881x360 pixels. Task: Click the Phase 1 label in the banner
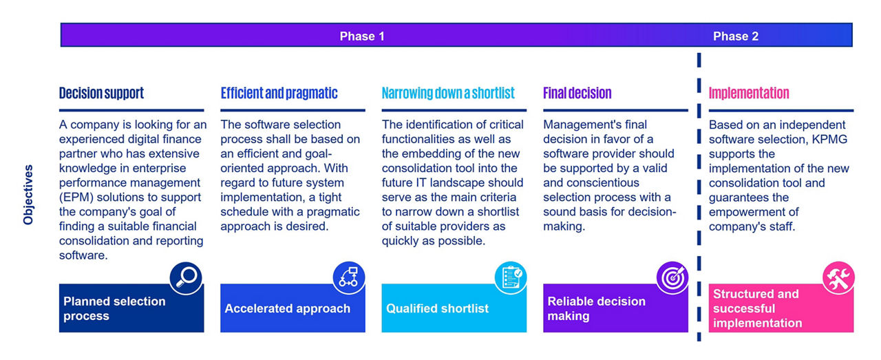pyautogui.click(x=362, y=36)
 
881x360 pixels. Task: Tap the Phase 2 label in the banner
pyautogui.click(x=736, y=36)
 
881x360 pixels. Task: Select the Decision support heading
pyautogui.click(x=101, y=93)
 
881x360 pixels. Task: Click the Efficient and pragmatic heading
pyautogui.click(x=279, y=93)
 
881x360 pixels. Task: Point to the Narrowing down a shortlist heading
pyautogui.click(x=448, y=93)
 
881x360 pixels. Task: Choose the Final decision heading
pyautogui.click(x=577, y=93)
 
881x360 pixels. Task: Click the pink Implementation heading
pyautogui.click(x=749, y=93)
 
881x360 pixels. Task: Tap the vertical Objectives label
pyautogui.click(x=28, y=195)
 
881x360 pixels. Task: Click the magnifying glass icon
pyautogui.click(x=186, y=278)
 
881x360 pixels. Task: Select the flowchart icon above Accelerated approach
pyautogui.click(x=349, y=277)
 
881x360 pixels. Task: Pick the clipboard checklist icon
pyautogui.click(x=511, y=277)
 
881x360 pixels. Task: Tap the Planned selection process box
pyautogui.click(x=131, y=308)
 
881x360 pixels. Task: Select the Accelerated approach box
pyautogui.click(x=293, y=308)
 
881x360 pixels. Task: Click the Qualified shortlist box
pyautogui.click(x=454, y=308)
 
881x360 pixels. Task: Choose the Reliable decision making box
pyautogui.click(x=615, y=308)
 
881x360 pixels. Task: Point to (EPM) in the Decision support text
pyautogui.click(x=76, y=198)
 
